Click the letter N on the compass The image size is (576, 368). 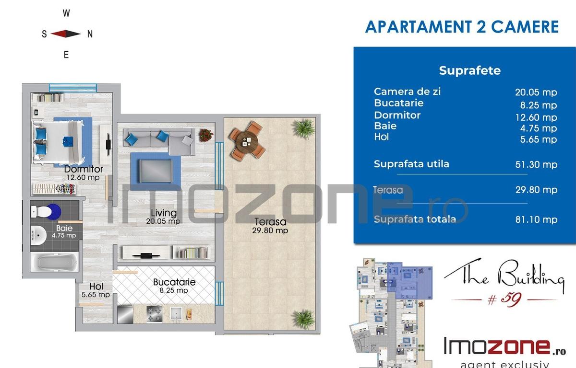(90, 34)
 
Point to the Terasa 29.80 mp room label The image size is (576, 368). (270, 226)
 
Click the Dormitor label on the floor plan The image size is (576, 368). (84, 169)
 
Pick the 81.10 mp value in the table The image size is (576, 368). (536, 220)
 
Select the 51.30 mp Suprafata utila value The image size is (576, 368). (536, 165)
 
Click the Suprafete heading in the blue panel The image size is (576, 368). (463, 70)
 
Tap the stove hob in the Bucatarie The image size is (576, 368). (154, 314)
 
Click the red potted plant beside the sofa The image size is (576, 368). (205, 135)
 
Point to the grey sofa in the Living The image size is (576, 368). (158, 139)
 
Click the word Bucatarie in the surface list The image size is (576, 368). (398, 103)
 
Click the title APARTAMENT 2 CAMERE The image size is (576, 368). (462, 27)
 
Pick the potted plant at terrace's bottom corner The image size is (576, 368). (303, 318)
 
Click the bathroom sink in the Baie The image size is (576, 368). (39, 234)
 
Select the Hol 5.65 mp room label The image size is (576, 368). (96, 291)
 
